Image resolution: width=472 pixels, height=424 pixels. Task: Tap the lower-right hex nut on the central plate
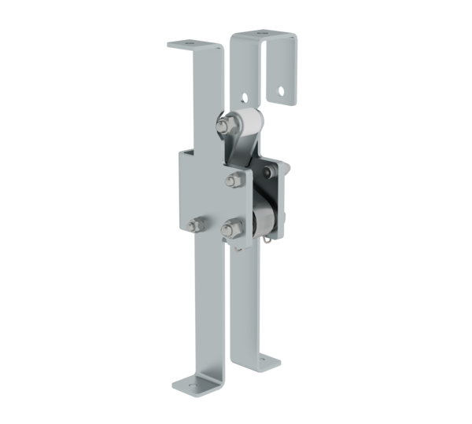coord(227,230)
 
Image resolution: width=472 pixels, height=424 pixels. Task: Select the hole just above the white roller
coord(245,97)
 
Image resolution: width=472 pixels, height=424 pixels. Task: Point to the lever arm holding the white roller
coord(235,149)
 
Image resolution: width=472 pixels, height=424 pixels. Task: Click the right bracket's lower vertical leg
coord(244,314)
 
